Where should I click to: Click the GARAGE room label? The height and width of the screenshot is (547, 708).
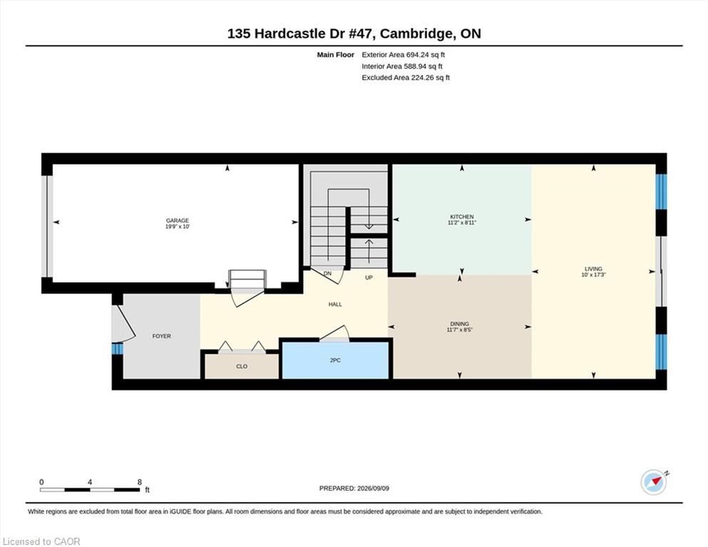tap(177, 221)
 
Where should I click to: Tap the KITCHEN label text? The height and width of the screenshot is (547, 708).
tap(461, 217)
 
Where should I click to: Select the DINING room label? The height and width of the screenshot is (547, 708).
tap(459, 324)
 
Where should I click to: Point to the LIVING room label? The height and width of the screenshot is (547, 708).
tap(593, 269)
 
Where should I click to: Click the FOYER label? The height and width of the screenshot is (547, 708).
tap(162, 336)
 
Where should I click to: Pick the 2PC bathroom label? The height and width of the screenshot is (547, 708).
tap(335, 360)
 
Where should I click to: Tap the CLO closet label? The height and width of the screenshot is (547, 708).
tap(242, 366)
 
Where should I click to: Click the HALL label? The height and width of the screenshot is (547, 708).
tap(335, 304)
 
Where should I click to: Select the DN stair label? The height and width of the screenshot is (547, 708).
tap(327, 273)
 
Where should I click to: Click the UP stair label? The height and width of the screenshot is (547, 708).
tap(369, 278)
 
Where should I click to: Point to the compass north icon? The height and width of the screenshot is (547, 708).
tap(654, 482)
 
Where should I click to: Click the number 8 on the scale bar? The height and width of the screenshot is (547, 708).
tap(140, 482)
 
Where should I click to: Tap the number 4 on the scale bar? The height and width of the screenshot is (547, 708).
tap(90, 482)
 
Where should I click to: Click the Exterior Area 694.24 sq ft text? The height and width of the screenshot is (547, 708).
tap(404, 55)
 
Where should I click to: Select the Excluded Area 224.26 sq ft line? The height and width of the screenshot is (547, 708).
tap(406, 78)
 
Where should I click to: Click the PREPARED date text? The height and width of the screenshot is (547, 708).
tap(354, 489)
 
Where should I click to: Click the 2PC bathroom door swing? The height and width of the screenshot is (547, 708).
tap(335, 334)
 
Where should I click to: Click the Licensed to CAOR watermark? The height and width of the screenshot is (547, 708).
tap(41, 541)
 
